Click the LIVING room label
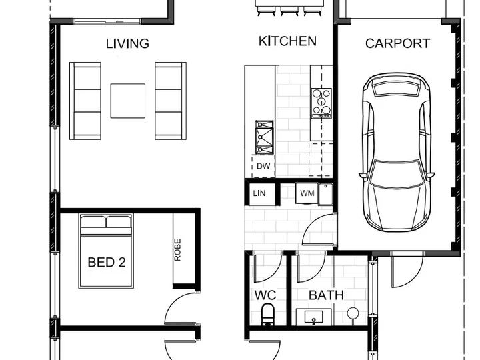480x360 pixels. click(x=127, y=43)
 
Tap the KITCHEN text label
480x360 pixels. click(x=287, y=41)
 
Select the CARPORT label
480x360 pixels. click(x=397, y=43)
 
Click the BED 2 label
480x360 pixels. click(x=107, y=263)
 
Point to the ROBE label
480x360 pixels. click(x=177, y=250)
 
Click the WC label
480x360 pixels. click(x=265, y=295)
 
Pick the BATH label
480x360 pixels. click(x=326, y=295)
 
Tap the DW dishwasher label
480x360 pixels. click(x=263, y=166)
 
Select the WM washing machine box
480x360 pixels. click(x=307, y=193)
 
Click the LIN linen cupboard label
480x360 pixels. click(x=259, y=193)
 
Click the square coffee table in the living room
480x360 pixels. click(x=127, y=101)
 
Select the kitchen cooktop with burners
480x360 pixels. click(x=321, y=103)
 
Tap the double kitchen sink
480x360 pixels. click(x=264, y=137)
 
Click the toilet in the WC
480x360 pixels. click(x=268, y=314)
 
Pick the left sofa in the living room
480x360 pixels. click(x=85, y=101)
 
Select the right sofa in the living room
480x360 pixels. click(x=171, y=101)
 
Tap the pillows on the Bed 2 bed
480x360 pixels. click(x=106, y=222)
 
